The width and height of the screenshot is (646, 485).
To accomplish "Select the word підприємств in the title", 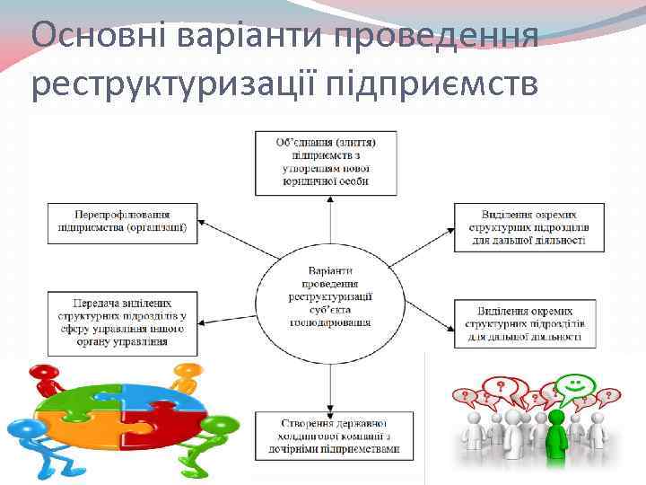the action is click(433, 85).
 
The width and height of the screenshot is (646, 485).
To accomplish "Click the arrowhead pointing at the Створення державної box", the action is click(331, 405).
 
